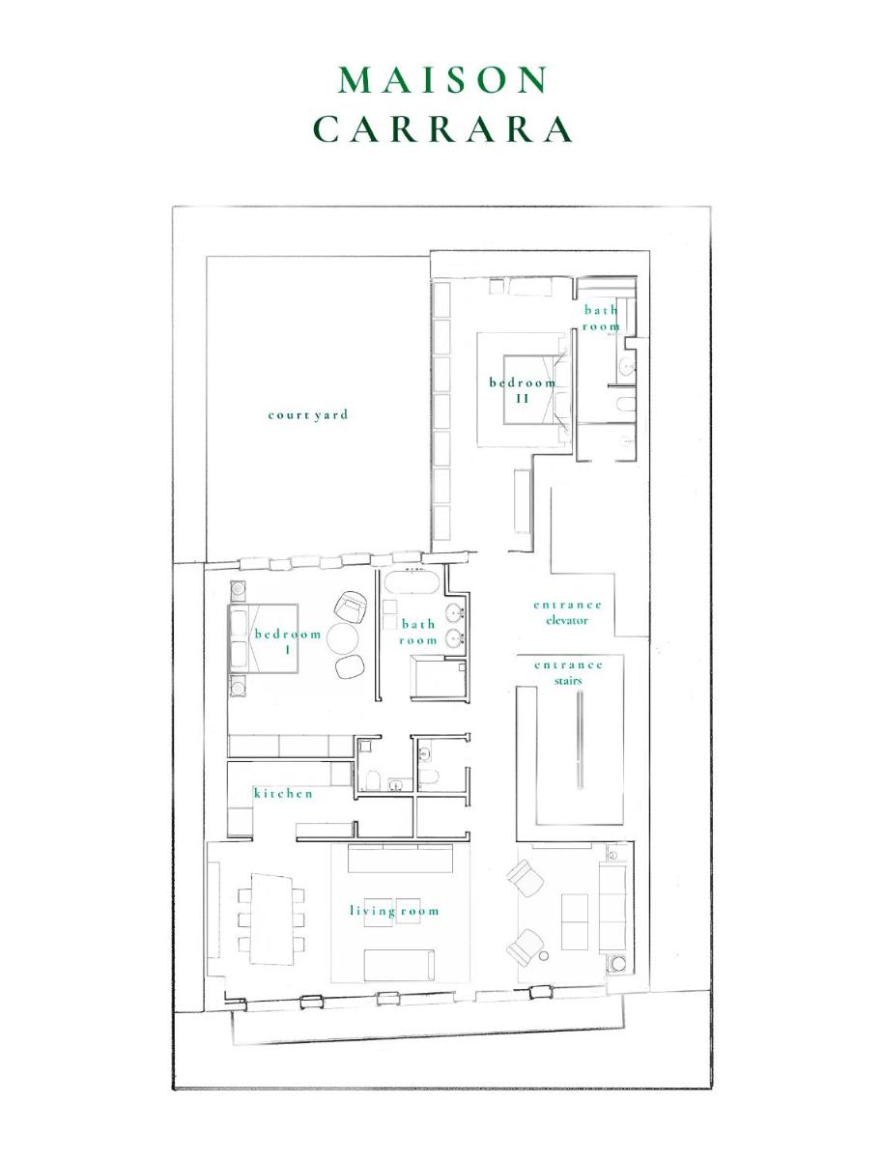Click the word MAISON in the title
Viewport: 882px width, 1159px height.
pyautogui.click(x=442, y=80)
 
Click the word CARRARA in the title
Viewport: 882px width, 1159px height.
pyautogui.click(x=442, y=129)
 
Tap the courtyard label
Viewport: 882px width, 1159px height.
pyautogui.click(x=308, y=414)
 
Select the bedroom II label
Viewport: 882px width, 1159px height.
pyautogui.click(x=523, y=390)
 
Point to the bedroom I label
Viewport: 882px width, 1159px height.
pyautogui.click(x=288, y=641)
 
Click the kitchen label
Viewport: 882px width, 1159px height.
pyautogui.click(x=284, y=793)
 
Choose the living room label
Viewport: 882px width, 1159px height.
pyautogui.click(x=394, y=911)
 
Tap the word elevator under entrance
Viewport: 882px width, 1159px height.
pyautogui.click(x=567, y=620)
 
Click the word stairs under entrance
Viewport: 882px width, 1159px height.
pyautogui.click(x=568, y=681)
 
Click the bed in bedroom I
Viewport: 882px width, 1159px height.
pyautogui.click(x=263, y=637)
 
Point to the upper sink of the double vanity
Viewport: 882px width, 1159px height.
pyautogui.click(x=454, y=612)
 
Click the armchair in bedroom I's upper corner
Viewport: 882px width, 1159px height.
pyautogui.click(x=352, y=607)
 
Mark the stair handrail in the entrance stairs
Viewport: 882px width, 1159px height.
pyautogui.click(x=580, y=740)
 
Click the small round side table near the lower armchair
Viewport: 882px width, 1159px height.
pyautogui.click(x=544, y=955)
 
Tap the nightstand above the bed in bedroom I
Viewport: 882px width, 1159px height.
pyautogui.click(x=237, y=588)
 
